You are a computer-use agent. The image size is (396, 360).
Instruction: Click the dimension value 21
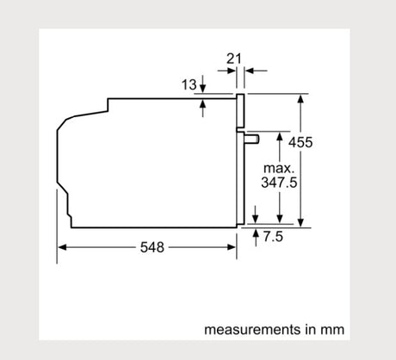pyautogui.click(x=234, y=59)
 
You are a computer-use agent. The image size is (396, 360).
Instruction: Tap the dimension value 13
pyautogui.click(x=189, y=84)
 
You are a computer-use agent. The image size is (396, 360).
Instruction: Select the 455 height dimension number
pyautogui.click(x=300, y=142)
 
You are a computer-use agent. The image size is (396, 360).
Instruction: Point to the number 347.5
pyautogui.click(x=279, y=183)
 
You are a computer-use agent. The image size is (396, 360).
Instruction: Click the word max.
pyautogui.click(x=279, y=168)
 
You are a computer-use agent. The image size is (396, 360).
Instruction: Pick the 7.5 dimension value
pyautogui.click(x=273, y=237)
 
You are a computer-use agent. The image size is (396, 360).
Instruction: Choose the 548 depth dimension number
pyautogui.click(x=152, y=247)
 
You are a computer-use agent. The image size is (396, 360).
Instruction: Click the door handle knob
pyautogui.click(x=252, y=139)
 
